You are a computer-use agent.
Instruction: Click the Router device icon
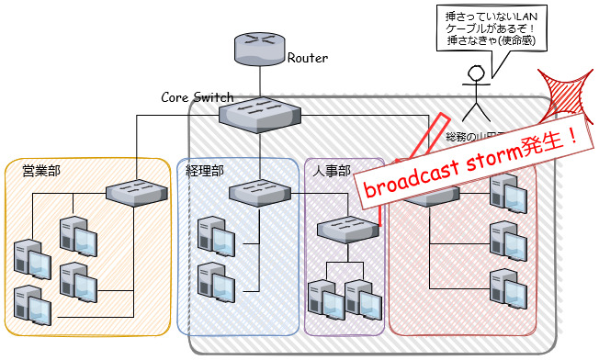(260, 48)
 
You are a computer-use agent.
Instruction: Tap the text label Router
(308, 59)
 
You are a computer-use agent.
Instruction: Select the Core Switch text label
(197, 96)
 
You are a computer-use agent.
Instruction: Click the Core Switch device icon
(260, 114)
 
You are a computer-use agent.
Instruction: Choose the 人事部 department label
(331, 170)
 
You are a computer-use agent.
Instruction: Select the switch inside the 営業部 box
(136, 193)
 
